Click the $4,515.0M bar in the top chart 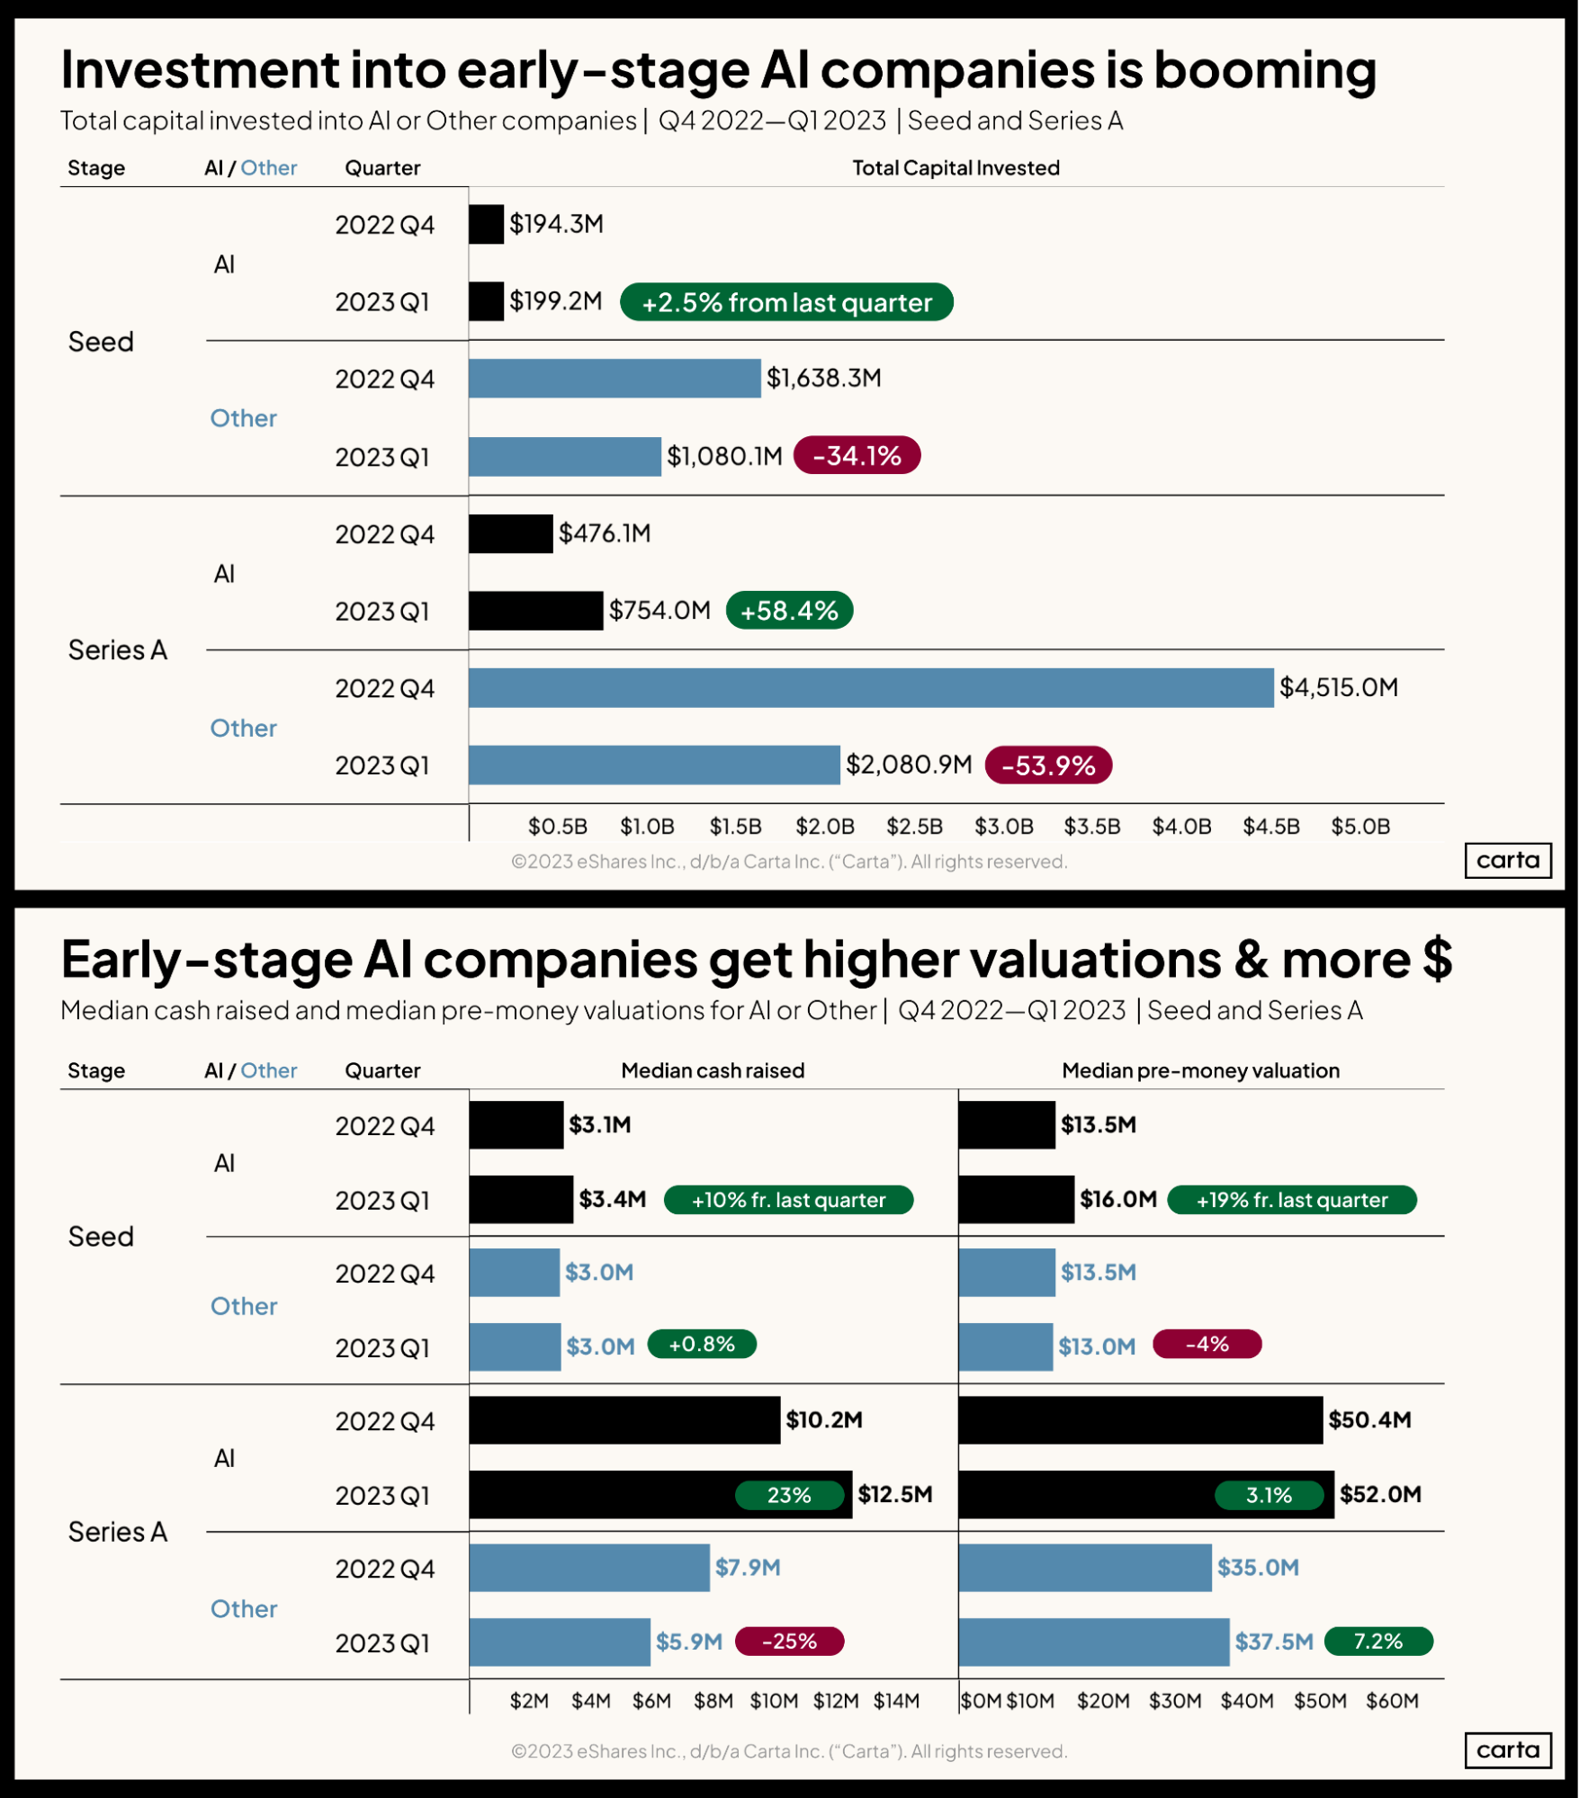[870, 688]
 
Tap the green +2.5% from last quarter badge [786, 302]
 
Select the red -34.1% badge [857, 456]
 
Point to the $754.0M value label [659, 611]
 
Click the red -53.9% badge [1048, 765]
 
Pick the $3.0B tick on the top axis [1004, 826]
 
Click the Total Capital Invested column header [955, 168]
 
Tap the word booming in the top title [1265, 69]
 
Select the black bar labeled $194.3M [486, 225]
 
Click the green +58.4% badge [789, 611]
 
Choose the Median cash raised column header [713, 1070]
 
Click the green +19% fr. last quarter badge [1291, 1200]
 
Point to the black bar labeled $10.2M [624, 1420]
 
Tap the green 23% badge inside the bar [789, 1495]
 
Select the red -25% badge [789, 1641]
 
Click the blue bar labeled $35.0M [1085, 1568]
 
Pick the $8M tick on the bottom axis [713, 1701]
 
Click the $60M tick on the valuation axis [1392, 1701]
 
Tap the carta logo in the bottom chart [1508, 1749]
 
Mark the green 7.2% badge [1378, 1641]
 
